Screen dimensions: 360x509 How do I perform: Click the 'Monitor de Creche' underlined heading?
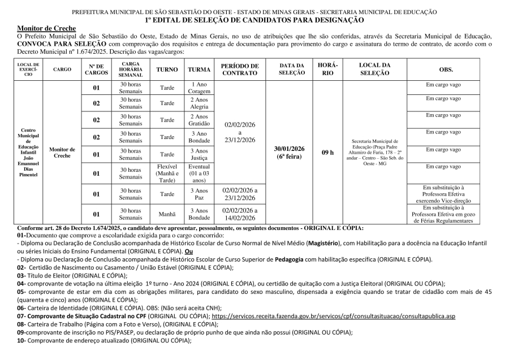[x=43, y=28]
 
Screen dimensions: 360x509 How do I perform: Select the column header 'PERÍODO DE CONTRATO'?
[x=240, y=70]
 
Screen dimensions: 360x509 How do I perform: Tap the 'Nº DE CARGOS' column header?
[x=96, y=70]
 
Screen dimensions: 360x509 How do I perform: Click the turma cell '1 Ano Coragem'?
[x=199, y=88]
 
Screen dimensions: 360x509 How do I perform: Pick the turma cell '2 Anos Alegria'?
[x=199, y=103]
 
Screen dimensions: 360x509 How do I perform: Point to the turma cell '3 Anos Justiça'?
[x=199, y=154]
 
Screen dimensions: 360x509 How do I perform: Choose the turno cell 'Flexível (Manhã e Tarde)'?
[x=167, y=174]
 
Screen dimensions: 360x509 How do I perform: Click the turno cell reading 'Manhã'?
[x=167, y=214]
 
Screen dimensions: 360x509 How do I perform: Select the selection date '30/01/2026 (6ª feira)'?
[x=291, y=153]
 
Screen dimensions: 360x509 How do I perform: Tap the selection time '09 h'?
[x=327, y=153]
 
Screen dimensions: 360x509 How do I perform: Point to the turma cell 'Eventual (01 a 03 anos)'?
[x=199, y=174]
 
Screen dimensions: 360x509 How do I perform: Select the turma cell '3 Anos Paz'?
[x=199, y=194]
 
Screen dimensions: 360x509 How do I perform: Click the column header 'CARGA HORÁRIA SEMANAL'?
[x=131, y=70]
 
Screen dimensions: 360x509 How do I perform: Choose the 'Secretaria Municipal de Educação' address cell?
[x=375, y=153]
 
